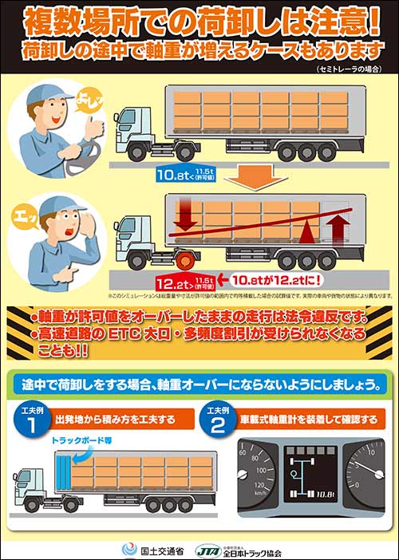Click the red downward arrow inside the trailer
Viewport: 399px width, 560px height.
(184, 216)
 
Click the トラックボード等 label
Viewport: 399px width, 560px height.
(93, 440)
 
